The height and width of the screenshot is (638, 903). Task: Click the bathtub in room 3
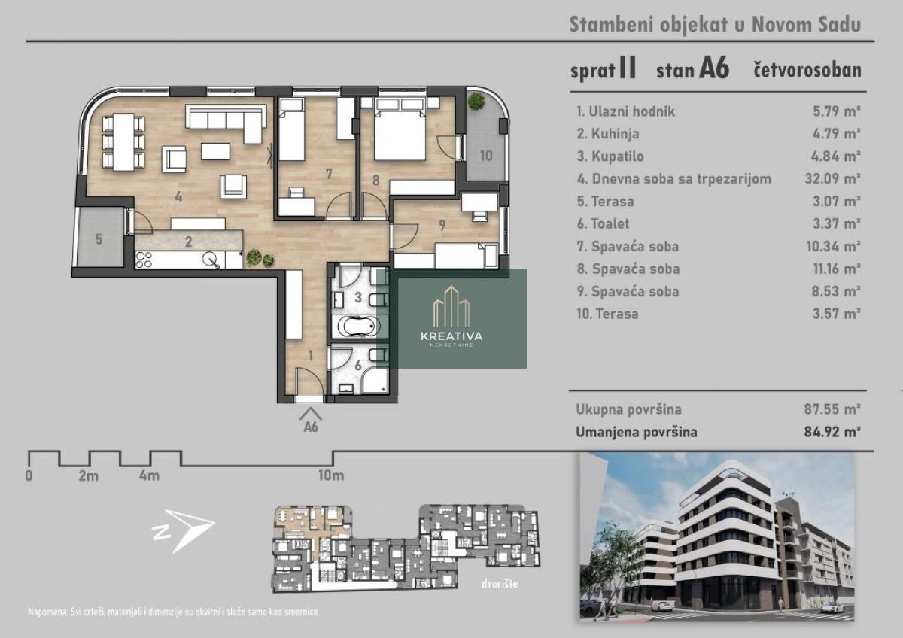[359, 326]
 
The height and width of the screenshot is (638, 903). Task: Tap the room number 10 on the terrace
[486, 156]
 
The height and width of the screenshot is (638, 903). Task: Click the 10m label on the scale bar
[331, 475]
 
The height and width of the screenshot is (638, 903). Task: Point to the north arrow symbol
[183, 530]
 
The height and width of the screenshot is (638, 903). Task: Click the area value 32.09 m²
[832, 178]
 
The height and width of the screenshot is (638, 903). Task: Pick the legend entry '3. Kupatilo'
[610, 156]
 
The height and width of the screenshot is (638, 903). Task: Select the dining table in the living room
[123, 142]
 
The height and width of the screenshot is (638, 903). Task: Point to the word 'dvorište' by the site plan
[499, 584]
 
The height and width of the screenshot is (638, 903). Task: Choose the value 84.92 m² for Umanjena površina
[832, 432]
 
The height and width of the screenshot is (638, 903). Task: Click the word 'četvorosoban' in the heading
[807, 70]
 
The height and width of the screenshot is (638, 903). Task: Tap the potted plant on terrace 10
[476, 100]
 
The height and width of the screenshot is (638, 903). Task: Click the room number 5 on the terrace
[99, 239]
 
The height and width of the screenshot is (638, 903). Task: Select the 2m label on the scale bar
[88, 476]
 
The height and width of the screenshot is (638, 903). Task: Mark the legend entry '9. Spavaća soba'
[628, 291]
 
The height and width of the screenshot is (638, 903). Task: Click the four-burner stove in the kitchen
[144, 260]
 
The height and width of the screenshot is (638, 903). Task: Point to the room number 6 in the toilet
[358, 366]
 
